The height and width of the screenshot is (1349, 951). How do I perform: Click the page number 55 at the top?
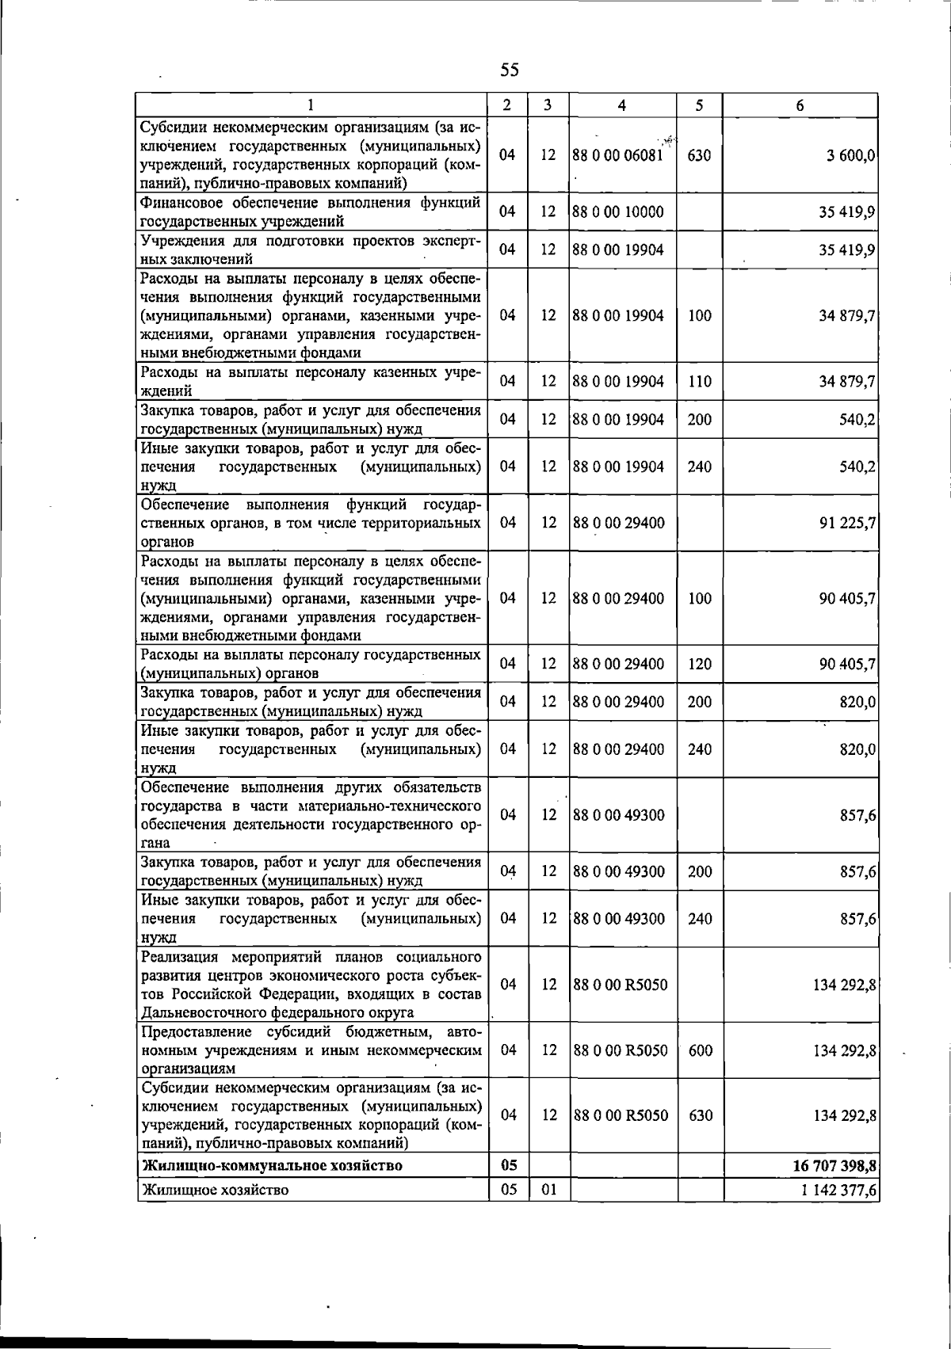pos(510,70)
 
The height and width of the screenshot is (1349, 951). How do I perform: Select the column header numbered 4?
pos(622,105)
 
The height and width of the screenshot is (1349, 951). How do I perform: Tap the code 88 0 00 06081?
pos(617,155)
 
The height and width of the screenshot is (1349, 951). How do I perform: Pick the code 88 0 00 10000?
pos(618,212)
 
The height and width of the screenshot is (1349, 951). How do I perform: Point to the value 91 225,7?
pos(847,523)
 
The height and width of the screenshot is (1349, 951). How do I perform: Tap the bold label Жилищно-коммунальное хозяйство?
pos(271,1165)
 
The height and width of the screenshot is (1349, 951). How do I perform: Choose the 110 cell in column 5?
pos(699,382)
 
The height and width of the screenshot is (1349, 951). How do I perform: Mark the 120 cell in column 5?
pos(699,665)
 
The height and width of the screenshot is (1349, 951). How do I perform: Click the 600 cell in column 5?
pos(699,1051)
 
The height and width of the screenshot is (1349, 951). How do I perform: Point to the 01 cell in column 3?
pos(548,1190)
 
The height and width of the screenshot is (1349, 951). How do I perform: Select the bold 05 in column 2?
pos(509,1165)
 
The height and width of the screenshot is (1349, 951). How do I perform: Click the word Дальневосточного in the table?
pos(206,1012)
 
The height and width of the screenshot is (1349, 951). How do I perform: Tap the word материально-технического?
pos(391,806)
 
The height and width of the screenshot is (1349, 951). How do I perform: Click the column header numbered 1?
pos(311,105)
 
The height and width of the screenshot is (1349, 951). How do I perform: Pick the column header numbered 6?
pos(800,105)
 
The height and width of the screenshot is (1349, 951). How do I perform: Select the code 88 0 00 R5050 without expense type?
pos(620,985)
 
